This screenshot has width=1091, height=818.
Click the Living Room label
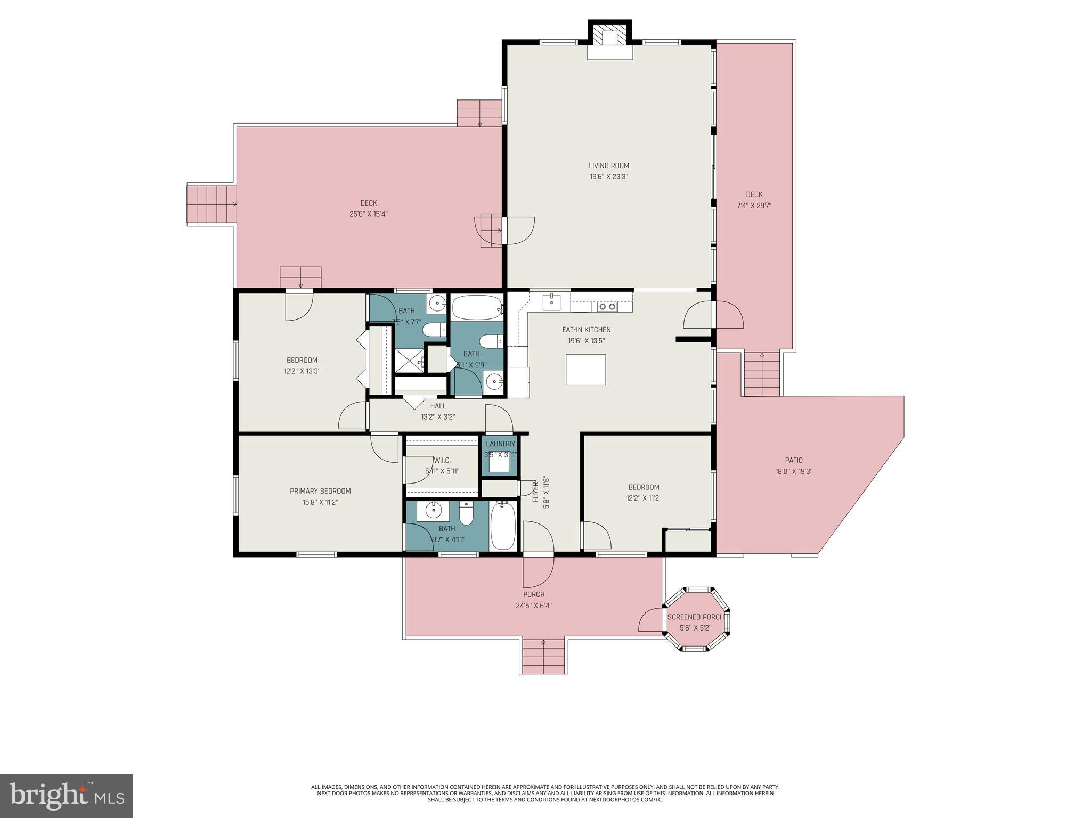click(608, 166)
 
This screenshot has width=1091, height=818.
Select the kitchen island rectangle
click(585, 369)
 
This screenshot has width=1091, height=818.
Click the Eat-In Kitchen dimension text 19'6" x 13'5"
click(586, 341)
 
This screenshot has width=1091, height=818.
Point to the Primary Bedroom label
click(320, 491)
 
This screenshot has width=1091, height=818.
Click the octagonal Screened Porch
click(696, 619)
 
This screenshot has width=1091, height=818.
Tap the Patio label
click(793, 460)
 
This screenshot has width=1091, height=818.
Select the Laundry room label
click(500, 444)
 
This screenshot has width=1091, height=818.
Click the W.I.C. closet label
click(442, 460)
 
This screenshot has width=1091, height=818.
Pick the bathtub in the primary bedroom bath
click(502, 526)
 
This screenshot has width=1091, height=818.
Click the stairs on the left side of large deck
click(211, 204)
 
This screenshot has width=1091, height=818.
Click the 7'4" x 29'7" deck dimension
click(754, 206)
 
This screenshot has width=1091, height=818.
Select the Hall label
click(438, 406)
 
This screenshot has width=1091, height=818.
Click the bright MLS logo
click(67, 796)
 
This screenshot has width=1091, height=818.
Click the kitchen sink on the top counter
click(551, 302)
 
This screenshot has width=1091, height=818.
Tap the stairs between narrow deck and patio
click(761, 375)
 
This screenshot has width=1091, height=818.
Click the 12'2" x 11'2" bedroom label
click(644, 498)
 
